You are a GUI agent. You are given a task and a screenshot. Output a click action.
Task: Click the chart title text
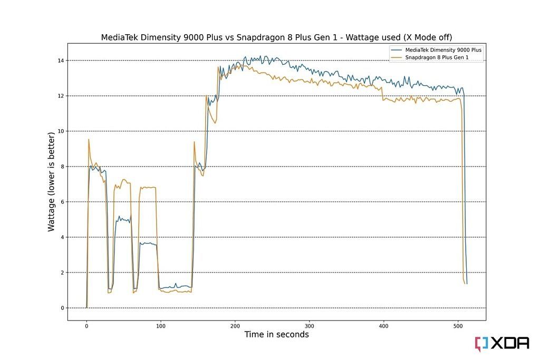click(276, 37)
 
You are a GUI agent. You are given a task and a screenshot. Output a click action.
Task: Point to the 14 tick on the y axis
click(62, 61)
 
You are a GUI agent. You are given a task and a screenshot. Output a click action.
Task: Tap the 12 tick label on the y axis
click(62, 96)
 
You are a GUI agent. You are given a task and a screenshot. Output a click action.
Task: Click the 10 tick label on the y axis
click(62, 131)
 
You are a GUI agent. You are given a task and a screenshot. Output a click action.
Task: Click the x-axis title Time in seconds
click(276, 335)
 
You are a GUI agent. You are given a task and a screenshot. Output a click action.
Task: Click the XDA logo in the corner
click(502, 343)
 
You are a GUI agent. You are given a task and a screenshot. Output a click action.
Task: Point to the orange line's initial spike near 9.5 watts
click(89, 140)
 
